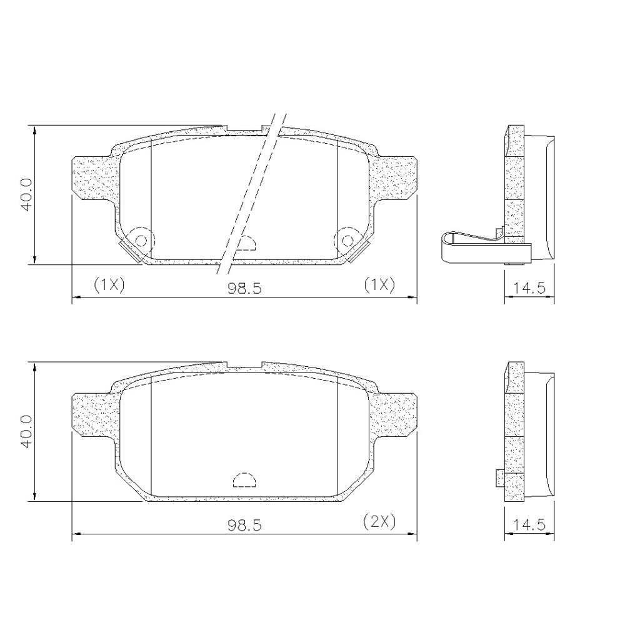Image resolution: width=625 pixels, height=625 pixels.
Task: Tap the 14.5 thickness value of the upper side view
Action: (x=529, y=287)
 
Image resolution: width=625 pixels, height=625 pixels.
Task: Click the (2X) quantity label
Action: (x=379, y=521)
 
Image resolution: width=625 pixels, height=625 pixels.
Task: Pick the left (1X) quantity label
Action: (x=109, y=285)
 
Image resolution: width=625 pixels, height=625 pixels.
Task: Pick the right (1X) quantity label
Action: (x=379, y=285)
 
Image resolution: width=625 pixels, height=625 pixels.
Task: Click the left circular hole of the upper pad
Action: (x=141, y=241)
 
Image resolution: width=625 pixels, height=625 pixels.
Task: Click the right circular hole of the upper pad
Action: (x=347, y=241)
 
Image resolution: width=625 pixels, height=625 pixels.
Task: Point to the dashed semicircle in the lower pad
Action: (x=244, y=479)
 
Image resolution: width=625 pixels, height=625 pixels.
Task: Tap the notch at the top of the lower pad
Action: (x=244, y=364)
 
